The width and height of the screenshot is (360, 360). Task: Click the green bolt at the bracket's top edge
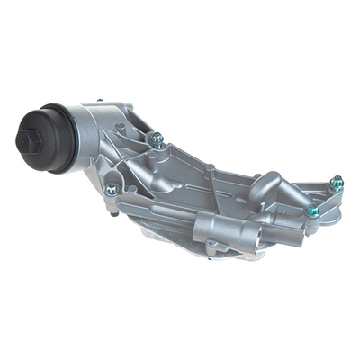[157, 138]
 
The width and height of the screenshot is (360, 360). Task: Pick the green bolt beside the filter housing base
[112, 189]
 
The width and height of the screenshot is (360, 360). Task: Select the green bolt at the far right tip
[337, 182]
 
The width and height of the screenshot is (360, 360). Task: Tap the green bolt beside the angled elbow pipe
[312, 211]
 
